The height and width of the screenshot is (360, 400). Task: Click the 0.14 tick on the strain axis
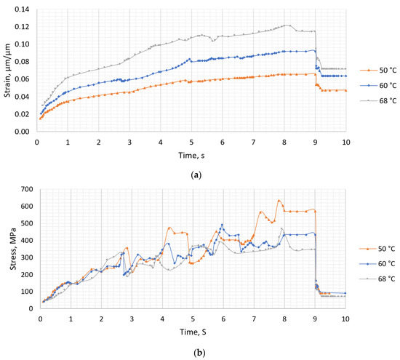(x=24, y=9)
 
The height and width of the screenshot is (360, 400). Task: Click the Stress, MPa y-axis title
(x=7, y=247)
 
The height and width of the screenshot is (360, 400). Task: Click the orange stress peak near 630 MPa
(x=279, y=201)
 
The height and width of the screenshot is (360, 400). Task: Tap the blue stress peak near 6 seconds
(x=223, y=225)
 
